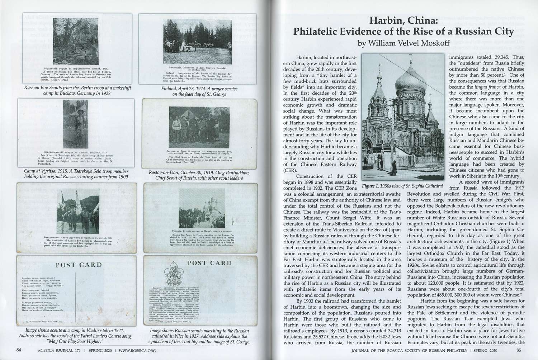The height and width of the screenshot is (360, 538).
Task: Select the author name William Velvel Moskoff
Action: [403, 43]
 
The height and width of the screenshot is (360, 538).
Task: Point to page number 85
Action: [519, 350]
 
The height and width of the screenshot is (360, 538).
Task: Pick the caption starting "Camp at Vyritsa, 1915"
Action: [76, 174]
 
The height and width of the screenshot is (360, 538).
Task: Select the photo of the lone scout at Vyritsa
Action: [75, 124]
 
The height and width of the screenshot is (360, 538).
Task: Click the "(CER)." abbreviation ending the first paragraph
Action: [290, 170]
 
